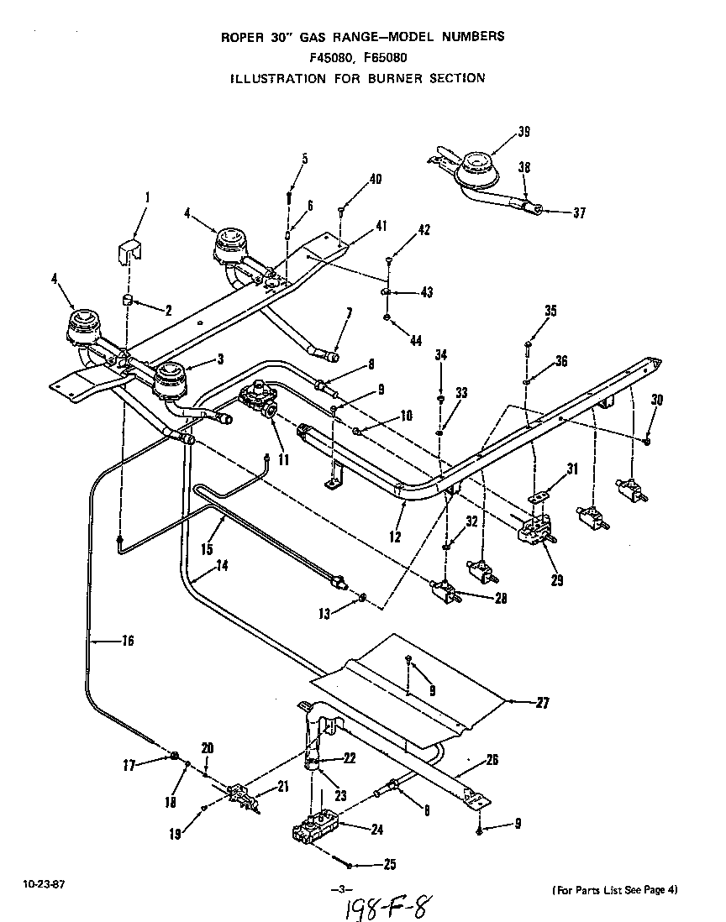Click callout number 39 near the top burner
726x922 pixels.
click(x=523, y=132)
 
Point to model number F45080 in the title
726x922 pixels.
click(x=334, y=58)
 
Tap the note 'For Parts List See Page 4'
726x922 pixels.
click(x=615, y=889)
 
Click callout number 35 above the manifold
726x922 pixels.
click(x=550, y=311)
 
